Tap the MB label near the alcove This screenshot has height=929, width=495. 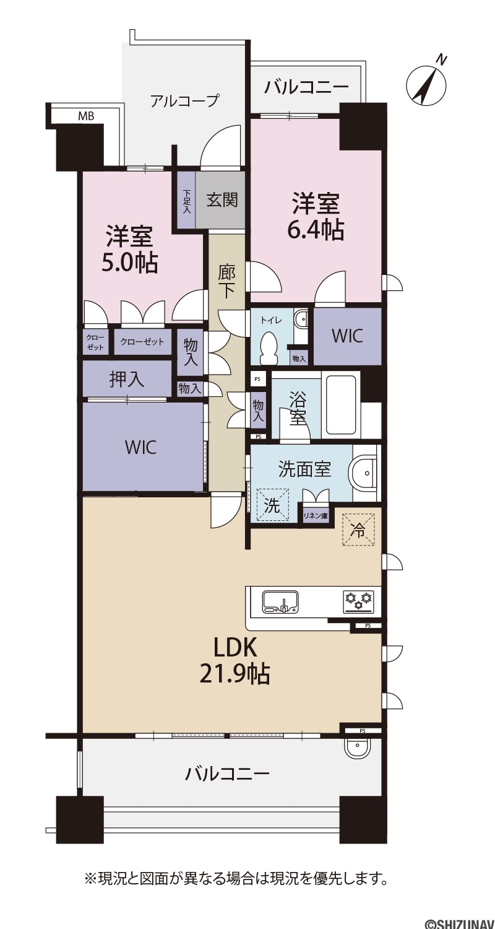tap(86, 116)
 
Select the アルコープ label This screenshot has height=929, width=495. tap(184, 101)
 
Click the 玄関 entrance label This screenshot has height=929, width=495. tap(222, 200)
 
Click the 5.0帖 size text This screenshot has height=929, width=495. tap(130, 262)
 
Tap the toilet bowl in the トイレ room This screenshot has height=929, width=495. tap(267, 347)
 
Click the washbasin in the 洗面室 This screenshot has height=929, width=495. tap(364, 473)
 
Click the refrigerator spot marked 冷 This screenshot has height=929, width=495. tap(358, 529)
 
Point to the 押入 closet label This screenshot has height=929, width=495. tap(127, 379)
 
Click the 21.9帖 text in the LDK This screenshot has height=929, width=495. tap(235, 674)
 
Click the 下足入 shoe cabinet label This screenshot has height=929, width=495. tap(186, 201)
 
